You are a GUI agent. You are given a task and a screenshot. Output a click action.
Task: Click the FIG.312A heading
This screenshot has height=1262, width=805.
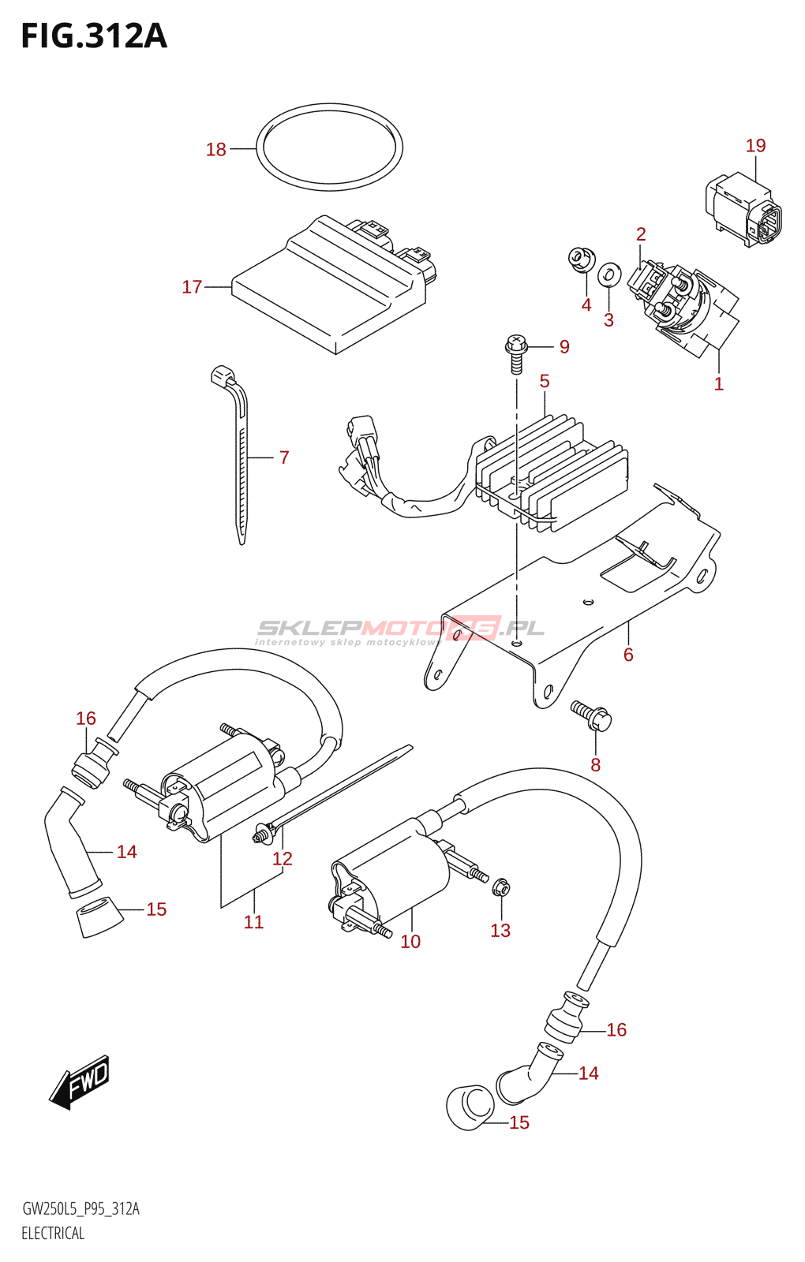pyautogui.click(x=94, y=36)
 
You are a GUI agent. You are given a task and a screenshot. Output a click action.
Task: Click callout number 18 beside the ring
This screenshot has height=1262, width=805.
pyautogui.click(x=215, y=149)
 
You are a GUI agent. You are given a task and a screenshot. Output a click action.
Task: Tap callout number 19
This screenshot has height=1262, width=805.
pyautogui.click(x=755, y=145)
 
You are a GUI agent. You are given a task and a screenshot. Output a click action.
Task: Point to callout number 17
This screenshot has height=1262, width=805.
pyautogui.click(x=192, y=287)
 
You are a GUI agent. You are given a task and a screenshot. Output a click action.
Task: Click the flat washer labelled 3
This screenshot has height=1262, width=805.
pyautogui.click(x=608, y=274)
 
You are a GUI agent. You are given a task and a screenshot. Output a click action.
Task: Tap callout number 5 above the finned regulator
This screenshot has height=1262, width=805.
pyautogui.click(x=545, y=381)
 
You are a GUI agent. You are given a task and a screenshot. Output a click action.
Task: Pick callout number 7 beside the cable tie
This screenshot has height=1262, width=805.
pyautogui.click(x=284, y=457)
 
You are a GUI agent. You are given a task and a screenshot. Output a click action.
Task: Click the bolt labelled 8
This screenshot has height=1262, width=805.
pyautogui.click(x=592, y=715)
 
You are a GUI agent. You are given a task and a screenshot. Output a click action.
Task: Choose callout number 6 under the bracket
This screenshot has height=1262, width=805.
pyautogui.click(x=628, y=655)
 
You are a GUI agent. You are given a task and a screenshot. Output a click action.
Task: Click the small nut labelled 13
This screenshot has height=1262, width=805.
pyautogui.click(x=500, y=888)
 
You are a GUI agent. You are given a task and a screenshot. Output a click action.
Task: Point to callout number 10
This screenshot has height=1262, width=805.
pyautogui.click(x=410, y=941)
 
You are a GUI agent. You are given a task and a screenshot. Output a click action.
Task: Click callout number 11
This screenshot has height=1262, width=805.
pyautogui.click(x=253, y=921)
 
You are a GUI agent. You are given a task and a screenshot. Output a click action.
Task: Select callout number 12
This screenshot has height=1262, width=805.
pyautogui.click(x=282, y=858)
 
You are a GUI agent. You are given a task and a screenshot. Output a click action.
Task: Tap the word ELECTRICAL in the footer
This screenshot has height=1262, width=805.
pyautogui.click(x=53, y=1233)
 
